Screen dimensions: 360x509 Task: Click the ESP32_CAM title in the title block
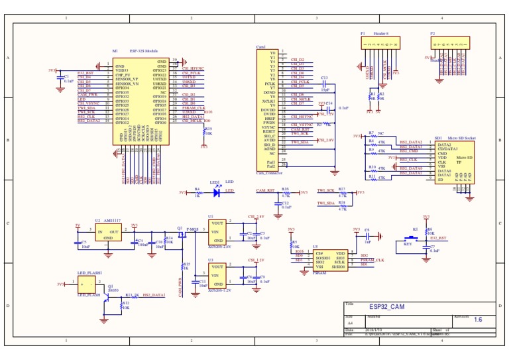(386, 307)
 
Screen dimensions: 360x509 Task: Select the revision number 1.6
(478, 319)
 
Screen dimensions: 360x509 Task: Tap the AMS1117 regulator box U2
(108, 234)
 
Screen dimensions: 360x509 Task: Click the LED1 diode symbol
(215, 193)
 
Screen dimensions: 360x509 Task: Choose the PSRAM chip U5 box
(329, 259)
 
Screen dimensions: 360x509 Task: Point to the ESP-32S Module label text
(143, 50)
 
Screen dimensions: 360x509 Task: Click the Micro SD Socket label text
(460, 138)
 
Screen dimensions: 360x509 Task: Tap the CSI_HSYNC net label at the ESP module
(194, 68)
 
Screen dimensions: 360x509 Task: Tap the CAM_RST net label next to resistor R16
(265, 190)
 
